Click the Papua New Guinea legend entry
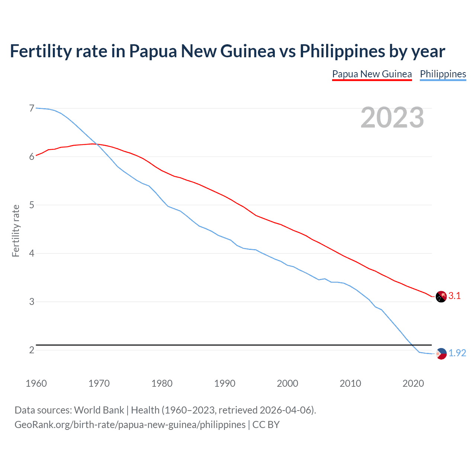tap(372, 74)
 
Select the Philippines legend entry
tap(443, 74)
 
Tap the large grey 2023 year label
tap(392, 118)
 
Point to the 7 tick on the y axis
tap(32, 108)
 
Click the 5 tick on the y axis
tap(32, 205)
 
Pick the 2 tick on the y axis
tap(32, 350)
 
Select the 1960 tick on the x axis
tap(36, 383)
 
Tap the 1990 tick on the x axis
tap(225, 383)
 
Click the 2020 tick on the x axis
tap(413, 383)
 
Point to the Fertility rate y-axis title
tap(16, 231)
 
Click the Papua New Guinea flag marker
tap(441, 297)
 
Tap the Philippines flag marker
tap(441, 354)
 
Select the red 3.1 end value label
tap(454, 296)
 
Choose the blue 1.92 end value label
tap(457, 353)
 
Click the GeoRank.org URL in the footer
tap(130, 425)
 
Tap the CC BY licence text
tap(266, 425)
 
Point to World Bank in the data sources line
tap(99, 410)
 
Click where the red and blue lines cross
tap(97, 144)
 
